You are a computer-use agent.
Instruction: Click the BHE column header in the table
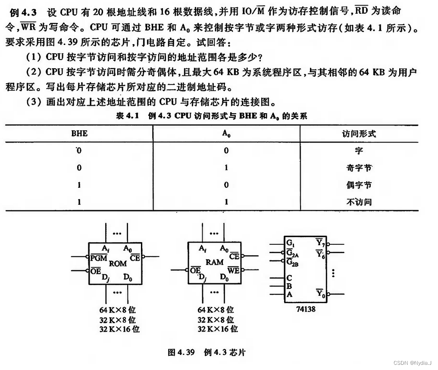79,133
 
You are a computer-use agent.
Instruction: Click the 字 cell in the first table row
358,151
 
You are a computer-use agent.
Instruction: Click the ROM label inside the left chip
118,263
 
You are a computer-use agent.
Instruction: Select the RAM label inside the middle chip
214,262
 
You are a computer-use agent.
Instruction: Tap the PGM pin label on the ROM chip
99,258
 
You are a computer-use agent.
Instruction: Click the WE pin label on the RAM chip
233,271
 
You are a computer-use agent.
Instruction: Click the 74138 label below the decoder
305,310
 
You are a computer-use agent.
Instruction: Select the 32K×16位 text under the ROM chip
119,329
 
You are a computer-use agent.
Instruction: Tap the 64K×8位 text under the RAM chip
216,310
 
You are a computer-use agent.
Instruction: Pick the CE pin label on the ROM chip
135,258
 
